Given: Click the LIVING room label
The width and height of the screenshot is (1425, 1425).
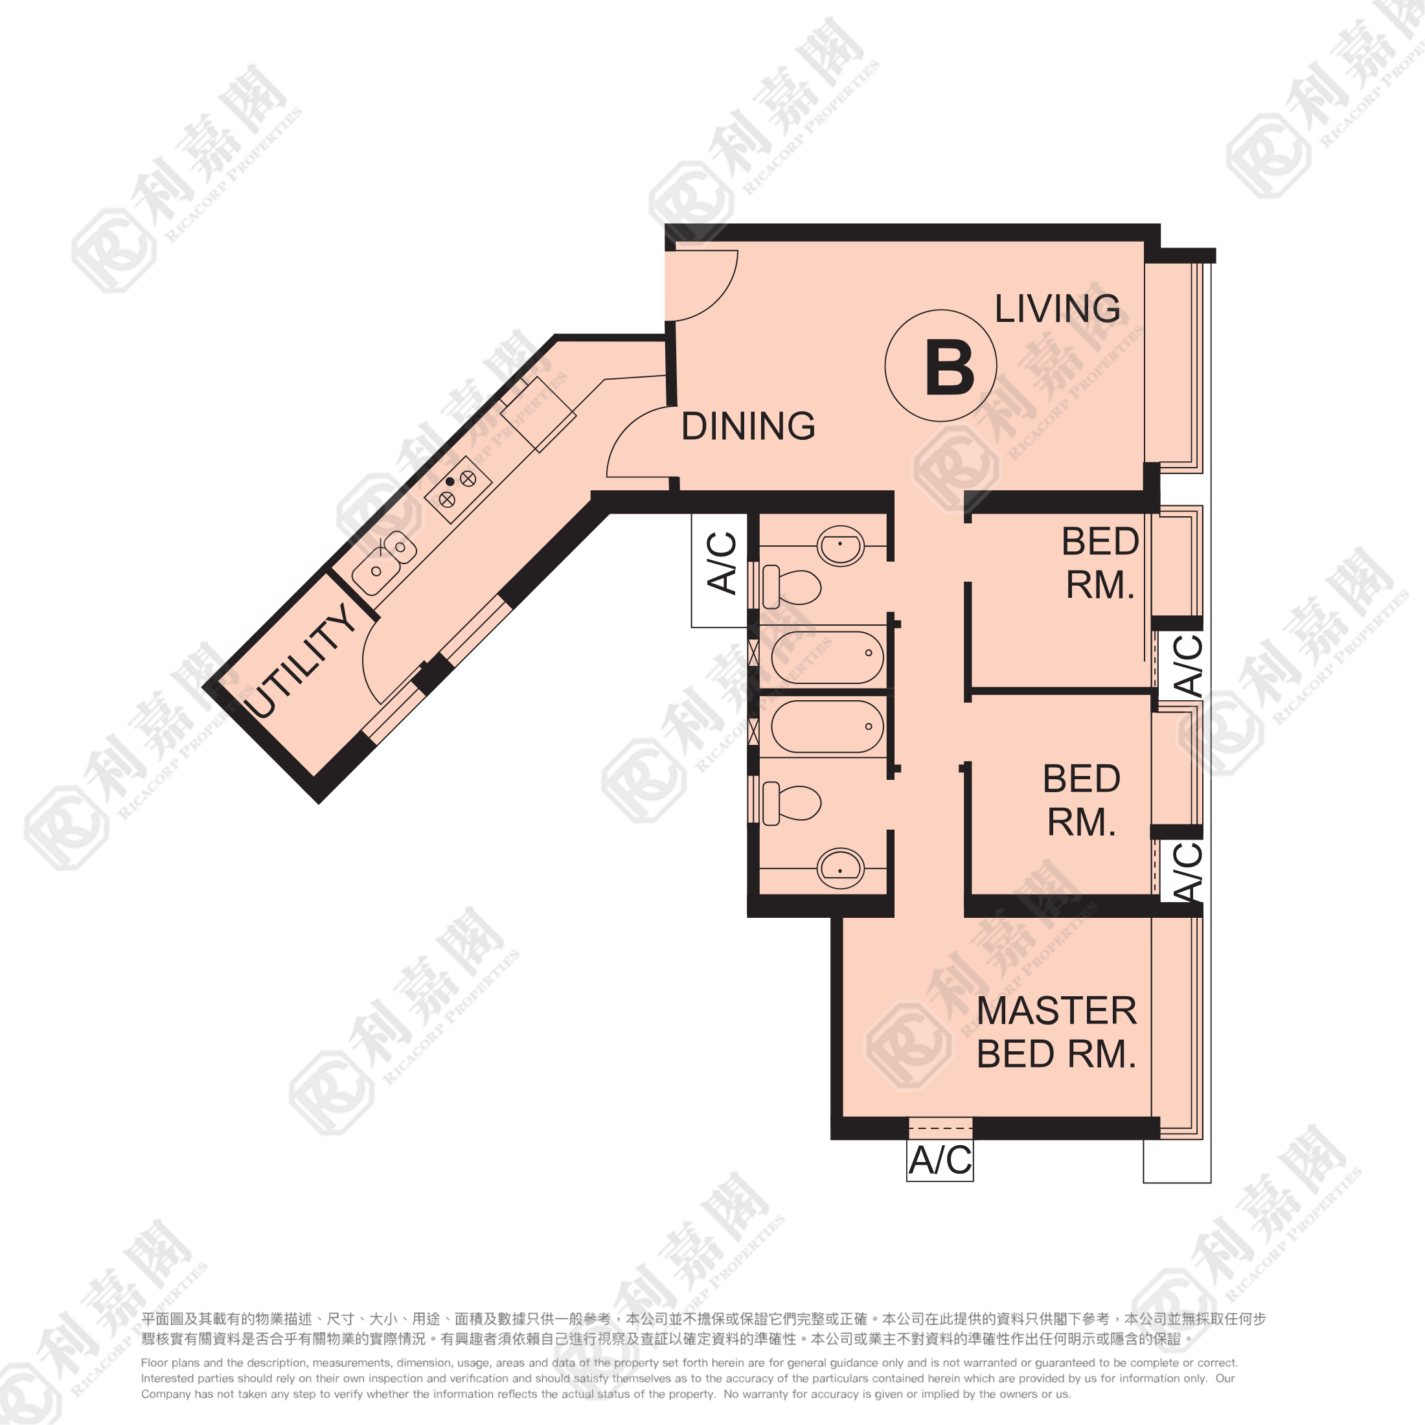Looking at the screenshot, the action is [x=1057, y=308].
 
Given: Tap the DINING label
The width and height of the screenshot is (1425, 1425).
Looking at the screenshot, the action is [x=748, y=426].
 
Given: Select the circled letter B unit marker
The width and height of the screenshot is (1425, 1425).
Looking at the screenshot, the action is [x=941, y=366].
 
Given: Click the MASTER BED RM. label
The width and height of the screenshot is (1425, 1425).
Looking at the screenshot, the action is [x=1056, y=1032].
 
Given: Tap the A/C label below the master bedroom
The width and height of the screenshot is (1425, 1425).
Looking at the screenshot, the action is [x=940, y=1160].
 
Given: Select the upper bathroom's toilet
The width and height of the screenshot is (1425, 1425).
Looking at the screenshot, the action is [x=792, y=587].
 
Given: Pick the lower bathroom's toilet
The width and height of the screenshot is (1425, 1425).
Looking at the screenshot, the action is [x=792, y=804].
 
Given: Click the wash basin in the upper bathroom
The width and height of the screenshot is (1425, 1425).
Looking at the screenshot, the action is [x=840, y=547].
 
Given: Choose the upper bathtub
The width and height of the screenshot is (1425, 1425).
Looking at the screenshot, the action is [x=827, y=657].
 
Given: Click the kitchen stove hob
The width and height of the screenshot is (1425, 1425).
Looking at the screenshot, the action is [x=458, y=489].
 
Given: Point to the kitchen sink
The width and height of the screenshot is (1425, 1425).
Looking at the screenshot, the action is [x=383, y=563].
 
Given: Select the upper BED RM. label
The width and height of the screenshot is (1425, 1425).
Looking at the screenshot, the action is [x=1100, y=563].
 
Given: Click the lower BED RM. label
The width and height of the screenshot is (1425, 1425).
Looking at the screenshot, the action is [x=1081, y=801].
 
